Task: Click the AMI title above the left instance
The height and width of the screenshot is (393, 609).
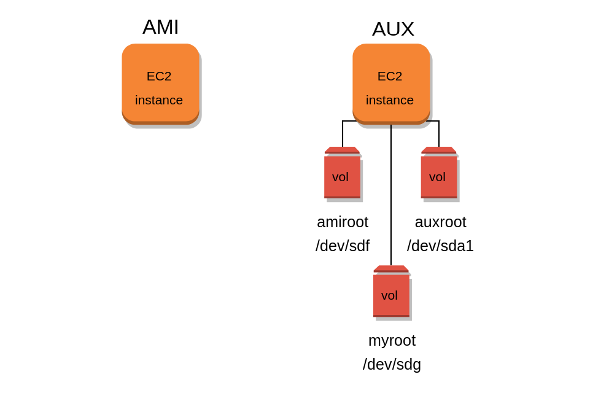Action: coord(160,27)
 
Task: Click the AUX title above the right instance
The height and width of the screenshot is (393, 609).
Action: coord(393,29)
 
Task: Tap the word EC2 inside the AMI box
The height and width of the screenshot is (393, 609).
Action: coord(159,76)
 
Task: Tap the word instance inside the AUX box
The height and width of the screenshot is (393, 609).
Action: coord(390,100)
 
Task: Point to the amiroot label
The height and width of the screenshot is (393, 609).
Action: coord(343,222)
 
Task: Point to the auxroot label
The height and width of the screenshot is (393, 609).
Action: coord(440,222)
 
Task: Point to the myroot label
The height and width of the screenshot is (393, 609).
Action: coord(392,340)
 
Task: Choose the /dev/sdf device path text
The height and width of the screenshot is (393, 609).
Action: coord(343,246)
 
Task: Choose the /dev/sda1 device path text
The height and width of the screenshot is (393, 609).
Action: coord(440,246)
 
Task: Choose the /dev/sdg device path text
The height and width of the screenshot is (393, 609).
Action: coord(392,364)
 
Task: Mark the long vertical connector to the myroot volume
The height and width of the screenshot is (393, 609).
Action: coord(391,196)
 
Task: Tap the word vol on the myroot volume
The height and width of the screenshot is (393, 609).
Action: coord(389,295)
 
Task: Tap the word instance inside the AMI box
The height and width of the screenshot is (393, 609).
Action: coord(159,100)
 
